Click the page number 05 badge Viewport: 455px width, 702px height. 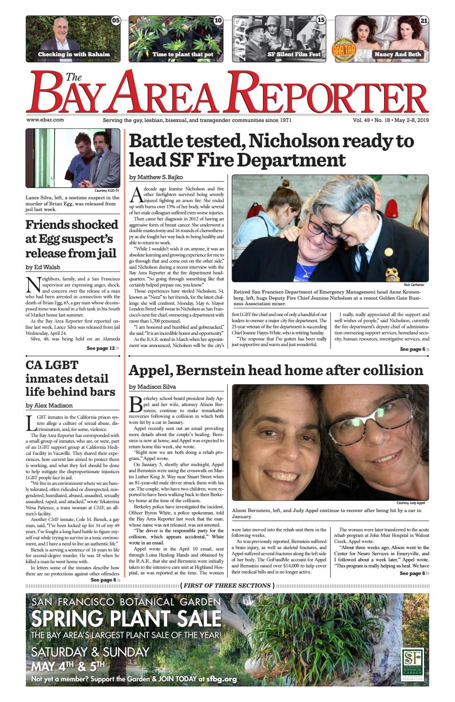pos(116,21)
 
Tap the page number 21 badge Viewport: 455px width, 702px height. pos(424,21)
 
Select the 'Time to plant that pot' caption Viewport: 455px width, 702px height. pos(183,54)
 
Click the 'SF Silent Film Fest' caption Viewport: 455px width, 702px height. pos(294,54)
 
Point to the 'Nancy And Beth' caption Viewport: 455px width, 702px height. pos(397,54)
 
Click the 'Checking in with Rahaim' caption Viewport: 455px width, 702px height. pos(74,54)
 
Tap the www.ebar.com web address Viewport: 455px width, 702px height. pos(45,120)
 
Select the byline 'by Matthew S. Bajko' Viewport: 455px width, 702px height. pos(156,177)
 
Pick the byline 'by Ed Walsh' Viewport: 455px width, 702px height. pos(43,267)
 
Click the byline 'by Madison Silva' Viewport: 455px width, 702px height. pos(152,387)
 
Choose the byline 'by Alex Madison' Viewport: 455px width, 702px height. pos(49,405)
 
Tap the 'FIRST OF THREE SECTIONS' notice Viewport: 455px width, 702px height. pos(227,585)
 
